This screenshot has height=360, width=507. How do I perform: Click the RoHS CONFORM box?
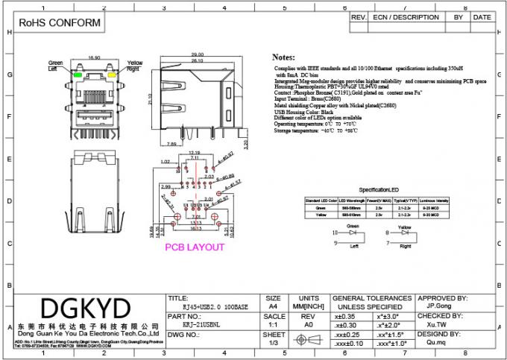pos(54,23)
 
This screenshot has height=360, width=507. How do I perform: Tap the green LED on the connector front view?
pos(78,75)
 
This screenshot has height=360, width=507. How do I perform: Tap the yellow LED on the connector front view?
pos(112,75)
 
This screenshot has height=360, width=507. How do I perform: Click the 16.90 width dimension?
pos(95,57)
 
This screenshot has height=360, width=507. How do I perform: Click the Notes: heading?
pos(283,57)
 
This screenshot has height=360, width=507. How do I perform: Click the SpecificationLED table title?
pos(380,190)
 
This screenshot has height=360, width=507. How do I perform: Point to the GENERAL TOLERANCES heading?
pos(373,297)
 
